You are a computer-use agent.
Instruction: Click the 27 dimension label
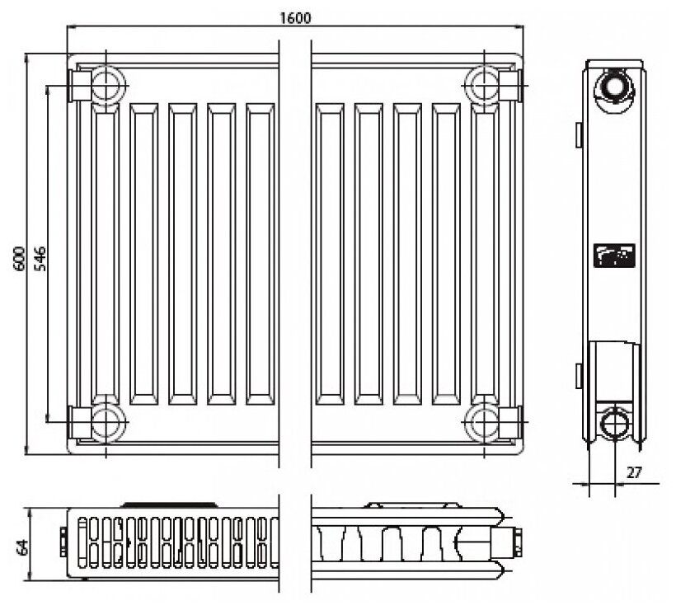point(633,472)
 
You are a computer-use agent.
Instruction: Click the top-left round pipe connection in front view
point(106,84)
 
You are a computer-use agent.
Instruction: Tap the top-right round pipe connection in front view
point(481,84)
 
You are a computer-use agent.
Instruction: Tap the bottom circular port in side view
point(613,423)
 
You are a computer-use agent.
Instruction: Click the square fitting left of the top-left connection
point(81,84)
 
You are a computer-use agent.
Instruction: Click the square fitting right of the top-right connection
point(509,84)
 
